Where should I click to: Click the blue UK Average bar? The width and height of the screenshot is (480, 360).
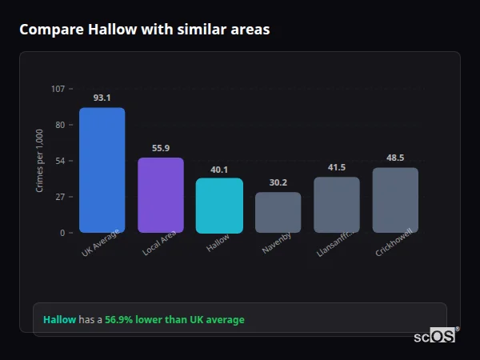102,170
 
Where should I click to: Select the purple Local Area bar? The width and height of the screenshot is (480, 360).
161,195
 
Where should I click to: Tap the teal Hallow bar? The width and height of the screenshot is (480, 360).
219,206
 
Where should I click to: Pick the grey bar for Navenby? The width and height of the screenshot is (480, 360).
278,213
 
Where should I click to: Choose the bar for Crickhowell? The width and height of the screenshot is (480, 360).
395,200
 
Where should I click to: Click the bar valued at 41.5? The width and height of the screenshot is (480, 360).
336,205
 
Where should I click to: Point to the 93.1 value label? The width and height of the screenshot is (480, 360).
102,98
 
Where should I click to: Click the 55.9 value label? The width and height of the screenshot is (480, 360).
161,148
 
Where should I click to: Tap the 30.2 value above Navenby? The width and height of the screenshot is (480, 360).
278,182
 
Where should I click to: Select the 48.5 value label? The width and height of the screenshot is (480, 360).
395,158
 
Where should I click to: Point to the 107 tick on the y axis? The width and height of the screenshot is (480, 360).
58,89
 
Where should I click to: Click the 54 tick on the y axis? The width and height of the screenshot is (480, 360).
61,161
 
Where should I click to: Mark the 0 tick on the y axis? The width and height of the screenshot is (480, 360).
62,233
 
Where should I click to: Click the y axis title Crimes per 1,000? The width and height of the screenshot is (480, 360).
40,161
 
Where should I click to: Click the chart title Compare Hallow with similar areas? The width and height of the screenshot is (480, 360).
144,30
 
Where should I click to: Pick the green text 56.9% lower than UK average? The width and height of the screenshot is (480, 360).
174,320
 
